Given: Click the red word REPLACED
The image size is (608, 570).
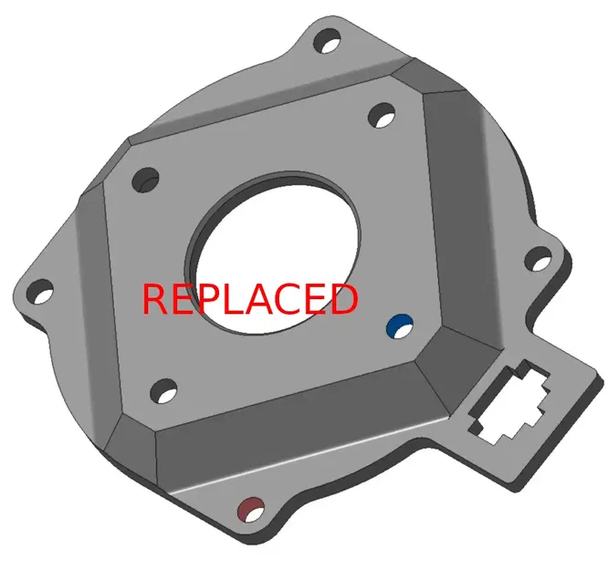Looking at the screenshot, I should tap(249, 299).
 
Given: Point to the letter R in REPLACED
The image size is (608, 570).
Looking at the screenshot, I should tap(155, 299).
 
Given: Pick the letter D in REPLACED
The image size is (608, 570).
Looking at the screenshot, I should tap(341, 299).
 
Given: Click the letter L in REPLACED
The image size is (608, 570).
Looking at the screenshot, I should tap(234, 299).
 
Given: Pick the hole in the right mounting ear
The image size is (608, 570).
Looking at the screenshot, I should tap(541, 263).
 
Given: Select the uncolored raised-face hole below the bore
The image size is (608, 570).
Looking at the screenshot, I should tap(165, 393).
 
